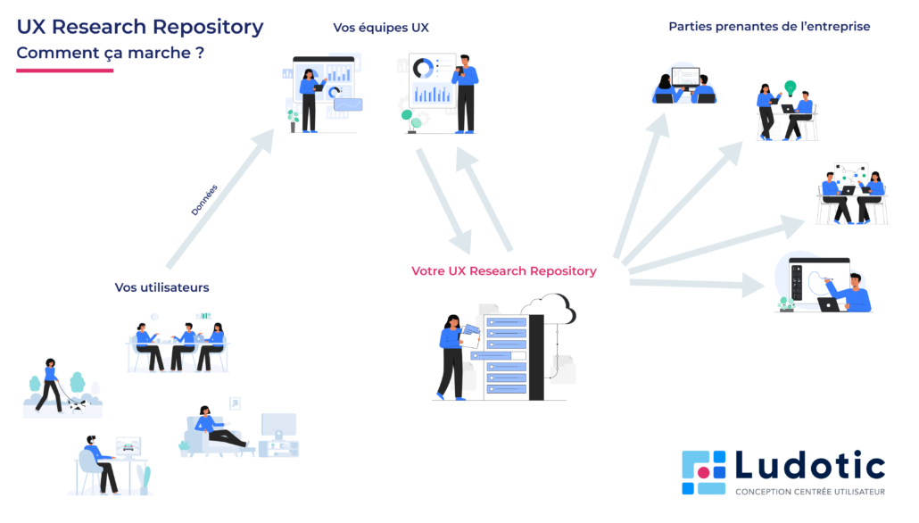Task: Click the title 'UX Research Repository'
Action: (140, 27)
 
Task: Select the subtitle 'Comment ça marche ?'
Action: (110, 54)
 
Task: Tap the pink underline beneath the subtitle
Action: (65, 70)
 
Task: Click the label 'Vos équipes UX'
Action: (381, 28)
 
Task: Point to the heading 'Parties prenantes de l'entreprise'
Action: (769, 27)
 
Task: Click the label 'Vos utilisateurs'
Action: (161, 287)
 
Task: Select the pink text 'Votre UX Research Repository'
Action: (503, 270)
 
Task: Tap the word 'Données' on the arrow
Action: (203, 200)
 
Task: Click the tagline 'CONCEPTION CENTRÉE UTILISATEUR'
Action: (809, 492)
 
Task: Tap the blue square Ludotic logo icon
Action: (704, 472)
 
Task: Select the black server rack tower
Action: (535, 357)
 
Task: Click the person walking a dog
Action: (49, 385)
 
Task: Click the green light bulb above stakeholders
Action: (790, 87)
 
